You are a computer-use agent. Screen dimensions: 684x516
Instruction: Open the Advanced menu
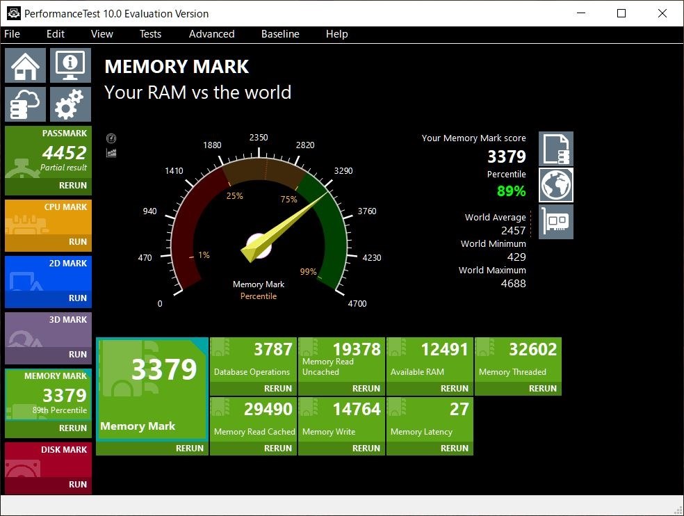[x=211, y=34]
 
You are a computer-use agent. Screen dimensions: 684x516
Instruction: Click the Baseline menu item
[x=280, y=34]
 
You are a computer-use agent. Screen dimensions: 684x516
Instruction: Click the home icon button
[x=25, y=65]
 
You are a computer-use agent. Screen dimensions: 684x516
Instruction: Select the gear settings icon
[x=70, y=104]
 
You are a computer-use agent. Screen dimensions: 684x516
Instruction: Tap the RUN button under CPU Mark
[x=78, y=241]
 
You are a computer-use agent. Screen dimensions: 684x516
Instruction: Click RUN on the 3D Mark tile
[x=78, y=354]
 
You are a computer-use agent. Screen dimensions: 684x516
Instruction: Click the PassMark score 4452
[x=64, y=153]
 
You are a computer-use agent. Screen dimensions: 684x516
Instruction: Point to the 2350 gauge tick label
[x=259, y=138]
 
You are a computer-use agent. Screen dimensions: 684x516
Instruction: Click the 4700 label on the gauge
[x=357, y=303]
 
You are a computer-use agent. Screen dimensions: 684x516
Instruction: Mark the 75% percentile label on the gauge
[x=288, y=200]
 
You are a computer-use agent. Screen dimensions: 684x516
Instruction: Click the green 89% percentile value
[x=511, y=191]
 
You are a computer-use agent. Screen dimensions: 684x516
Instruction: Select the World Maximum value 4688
[x=514, y=283]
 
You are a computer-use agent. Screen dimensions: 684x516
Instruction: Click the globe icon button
[x=556, y=185]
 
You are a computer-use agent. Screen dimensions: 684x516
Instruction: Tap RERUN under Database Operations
[x=278, y=388]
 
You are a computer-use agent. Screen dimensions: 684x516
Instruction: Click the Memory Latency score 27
[x=459, y=409]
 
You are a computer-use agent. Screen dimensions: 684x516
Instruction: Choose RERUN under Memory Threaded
[x=543, y=388]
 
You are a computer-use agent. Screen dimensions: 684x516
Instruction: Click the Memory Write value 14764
[x=357, y=409]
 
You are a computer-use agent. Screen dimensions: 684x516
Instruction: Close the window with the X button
[x=662, y=13]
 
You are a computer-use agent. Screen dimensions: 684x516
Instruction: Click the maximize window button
[x=621, y=13]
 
